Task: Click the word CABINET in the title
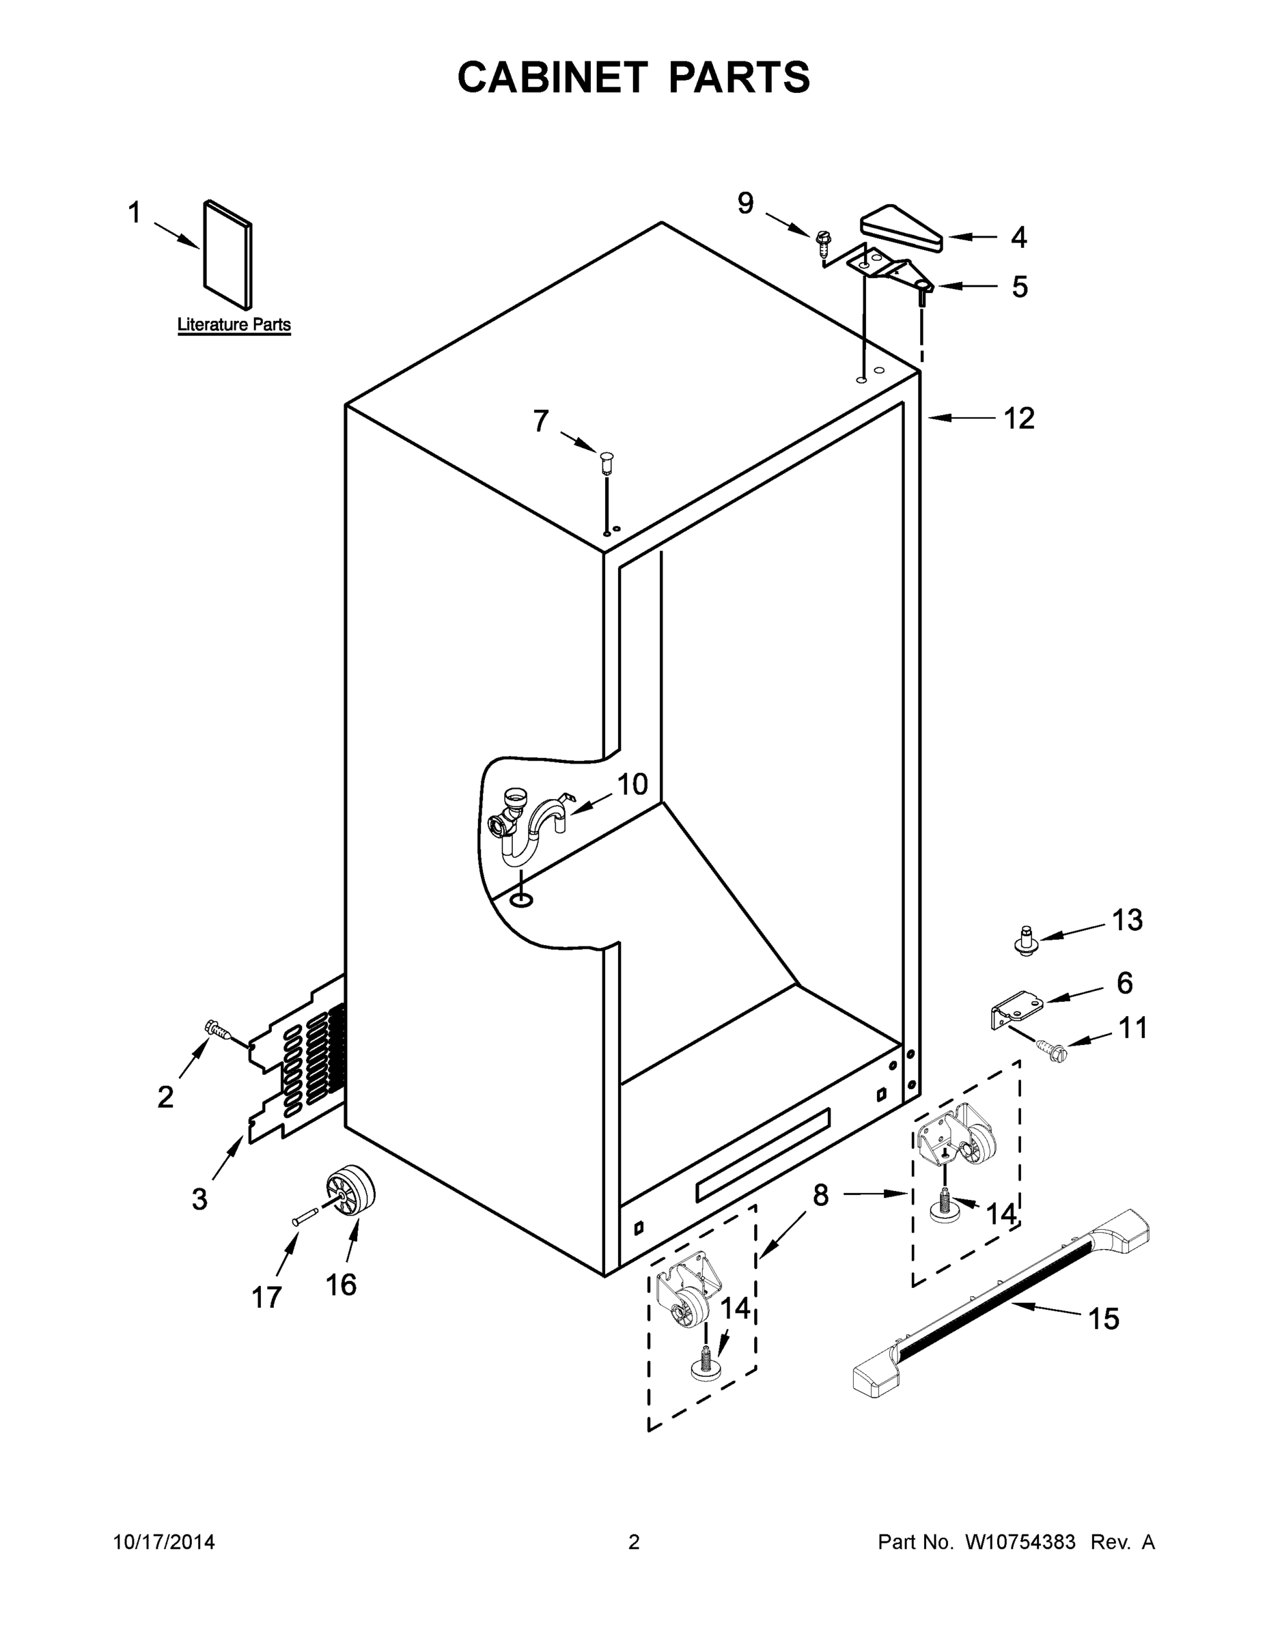552,77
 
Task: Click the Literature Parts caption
234,325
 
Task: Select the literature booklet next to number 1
227,255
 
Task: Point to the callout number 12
1018,419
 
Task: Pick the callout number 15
1103,1319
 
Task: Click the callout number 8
820,1194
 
